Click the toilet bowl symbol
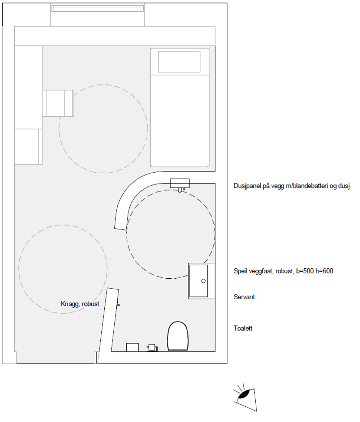click(x=177, y=336)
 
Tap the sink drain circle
click(x=203, y=281)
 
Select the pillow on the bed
click(x=179, y=61)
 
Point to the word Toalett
click(x=243, y=328)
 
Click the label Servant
click(x=244, y=297)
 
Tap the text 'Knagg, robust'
click(x=80, y=304)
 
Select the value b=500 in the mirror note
click(x=305, y=271)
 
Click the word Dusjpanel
click(x=247, y=186)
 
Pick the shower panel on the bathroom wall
click(x=180, y=184)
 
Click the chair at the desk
click(x=58, y=103)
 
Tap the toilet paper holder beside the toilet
click(x=152, y=348)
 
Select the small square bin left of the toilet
click(x=132, y=347)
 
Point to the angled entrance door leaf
click(x=108, y=325)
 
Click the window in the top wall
click(x=97, y=9)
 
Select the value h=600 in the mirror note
click(x=324, y=271)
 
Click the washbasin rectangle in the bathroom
click(x=199, y=281)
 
